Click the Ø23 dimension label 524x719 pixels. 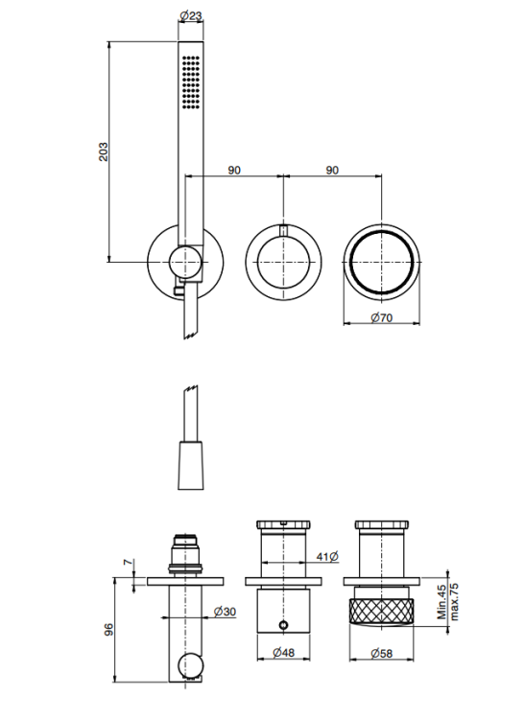point(190,16)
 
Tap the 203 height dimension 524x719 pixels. point(104,151)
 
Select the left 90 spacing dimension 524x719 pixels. point(234,170)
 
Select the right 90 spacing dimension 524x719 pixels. point(332,170)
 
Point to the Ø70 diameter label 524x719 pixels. point(382,317)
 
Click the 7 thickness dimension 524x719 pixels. point(128,562)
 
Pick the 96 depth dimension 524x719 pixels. point(108,629)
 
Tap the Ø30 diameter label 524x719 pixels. point(225,612)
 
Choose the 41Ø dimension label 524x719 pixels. point(327,557)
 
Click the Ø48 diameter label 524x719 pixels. point(283,652)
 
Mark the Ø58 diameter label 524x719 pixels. point(382,653)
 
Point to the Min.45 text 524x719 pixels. point(442,602)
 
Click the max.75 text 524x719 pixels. point(454,602)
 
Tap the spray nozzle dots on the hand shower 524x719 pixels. point(191,82)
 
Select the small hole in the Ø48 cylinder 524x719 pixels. point(283,624)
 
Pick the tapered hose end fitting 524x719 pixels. point(190,466)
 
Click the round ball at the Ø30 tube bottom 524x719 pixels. point(189,665)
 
